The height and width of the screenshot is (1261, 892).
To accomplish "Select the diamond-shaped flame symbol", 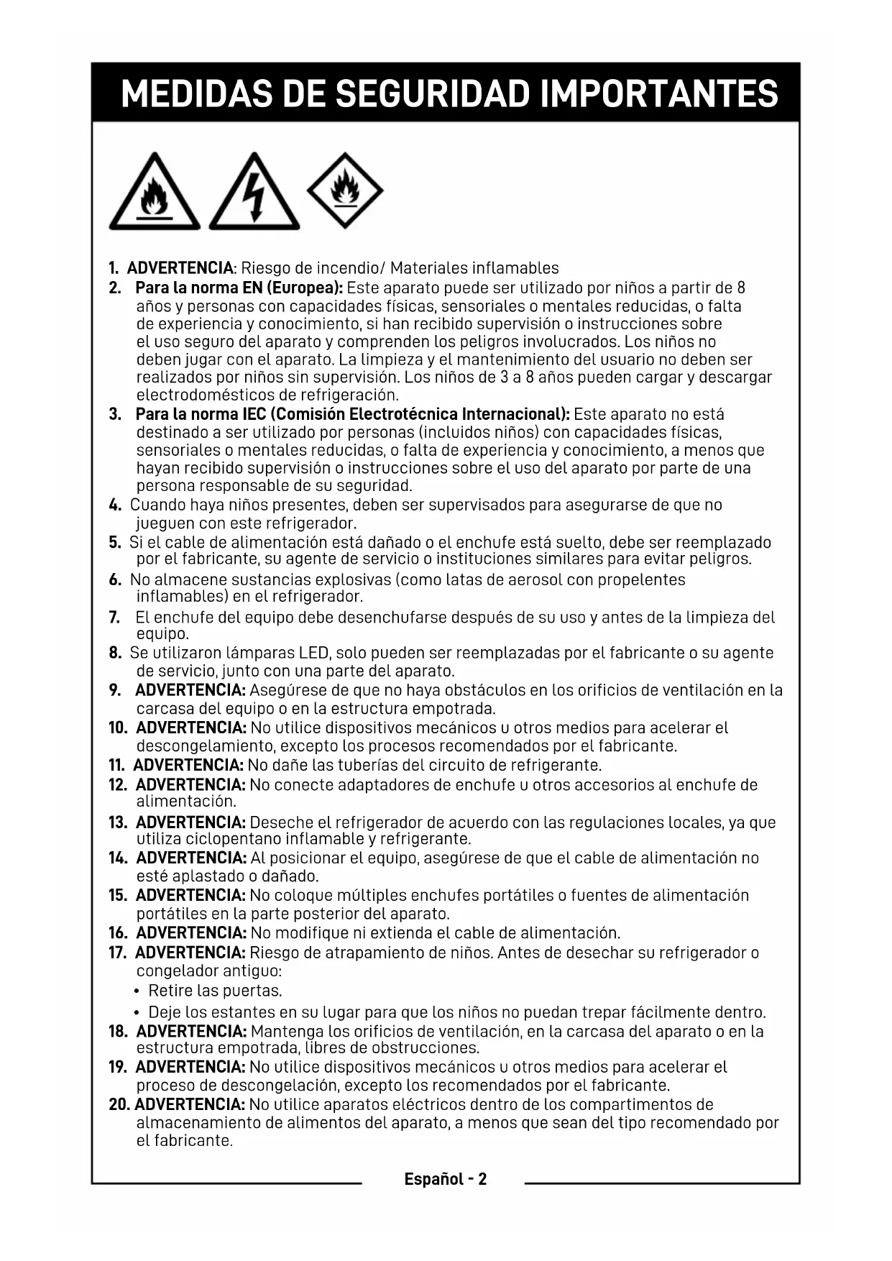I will click(345, 191).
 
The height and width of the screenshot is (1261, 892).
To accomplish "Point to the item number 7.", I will click(114, 618).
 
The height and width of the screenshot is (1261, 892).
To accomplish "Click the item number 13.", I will click(118, 822).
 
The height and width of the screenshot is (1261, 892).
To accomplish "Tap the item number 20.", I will click(119, 1104).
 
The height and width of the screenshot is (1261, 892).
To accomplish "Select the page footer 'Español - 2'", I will click(445, 1179).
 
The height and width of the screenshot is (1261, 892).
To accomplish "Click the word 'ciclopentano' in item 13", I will click(234, 839).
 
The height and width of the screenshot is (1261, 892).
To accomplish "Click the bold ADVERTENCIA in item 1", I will click(180, 269).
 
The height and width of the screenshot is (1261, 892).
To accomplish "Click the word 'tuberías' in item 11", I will click(362, 765).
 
